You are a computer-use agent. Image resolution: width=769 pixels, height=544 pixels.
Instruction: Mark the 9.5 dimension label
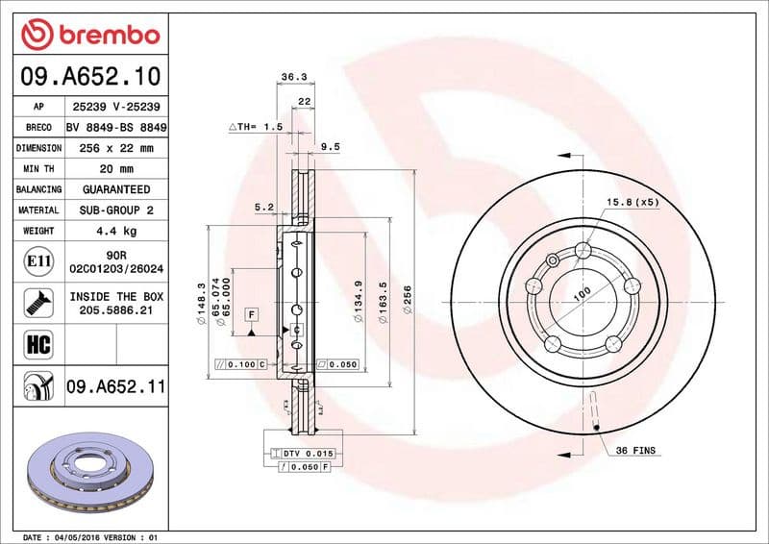pos(330,146)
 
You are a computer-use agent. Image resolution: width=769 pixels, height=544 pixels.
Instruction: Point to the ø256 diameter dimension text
pos(408,295)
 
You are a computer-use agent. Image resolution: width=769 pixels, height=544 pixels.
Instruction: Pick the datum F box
pos(251,314)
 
